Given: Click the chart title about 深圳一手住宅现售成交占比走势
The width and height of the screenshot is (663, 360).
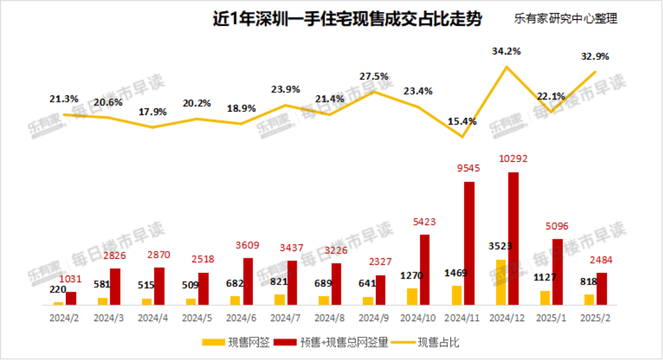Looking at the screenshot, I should [x=347, y=19].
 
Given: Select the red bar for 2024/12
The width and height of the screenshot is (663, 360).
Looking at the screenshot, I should [x=513, y=238].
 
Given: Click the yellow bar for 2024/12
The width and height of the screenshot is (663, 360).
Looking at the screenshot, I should [x=501, y=282].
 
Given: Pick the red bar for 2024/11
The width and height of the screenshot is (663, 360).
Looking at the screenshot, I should [x=469, y=243].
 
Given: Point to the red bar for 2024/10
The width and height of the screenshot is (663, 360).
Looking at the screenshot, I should [x=425, y=270].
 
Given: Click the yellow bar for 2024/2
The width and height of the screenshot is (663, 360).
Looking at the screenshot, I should [x=58, y=303].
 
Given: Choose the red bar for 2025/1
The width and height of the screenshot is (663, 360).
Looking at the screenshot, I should [x=558, y=272].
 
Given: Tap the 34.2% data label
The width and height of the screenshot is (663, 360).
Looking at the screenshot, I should [x=506, y=52].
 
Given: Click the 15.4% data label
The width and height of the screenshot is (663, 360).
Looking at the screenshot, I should [x=462, y=122].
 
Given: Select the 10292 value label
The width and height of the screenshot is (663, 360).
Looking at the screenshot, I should [x=513, y=160].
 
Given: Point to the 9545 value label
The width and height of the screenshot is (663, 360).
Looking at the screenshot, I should [x=469, y=169].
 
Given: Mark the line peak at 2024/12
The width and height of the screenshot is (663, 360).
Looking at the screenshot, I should [x=507, y=66].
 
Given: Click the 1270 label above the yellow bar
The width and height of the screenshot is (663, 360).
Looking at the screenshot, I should [x=413, y=277].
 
